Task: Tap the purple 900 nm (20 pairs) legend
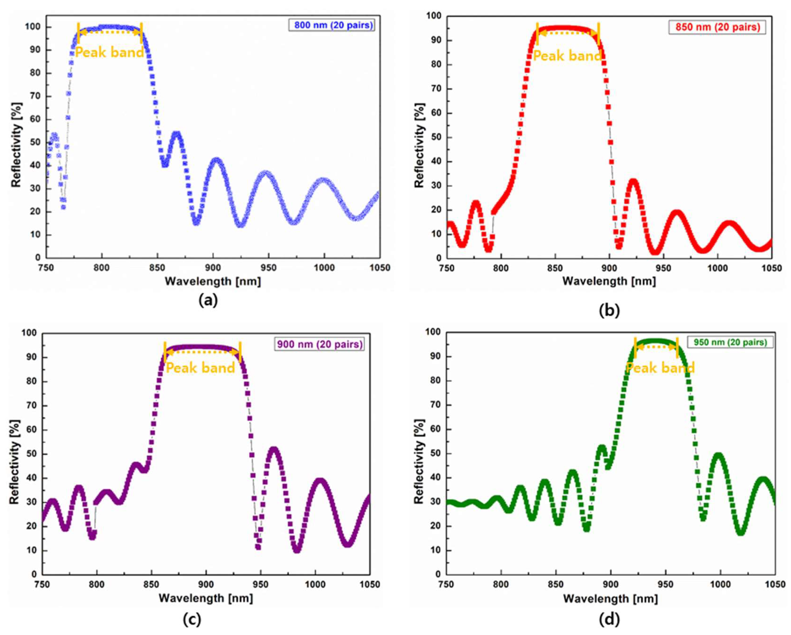[319, 344]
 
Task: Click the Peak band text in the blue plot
[109, 53]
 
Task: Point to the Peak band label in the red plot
[567, 56]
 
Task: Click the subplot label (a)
[208, 300]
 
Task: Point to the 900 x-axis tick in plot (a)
[213, 268]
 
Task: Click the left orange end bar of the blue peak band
[78, 33]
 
